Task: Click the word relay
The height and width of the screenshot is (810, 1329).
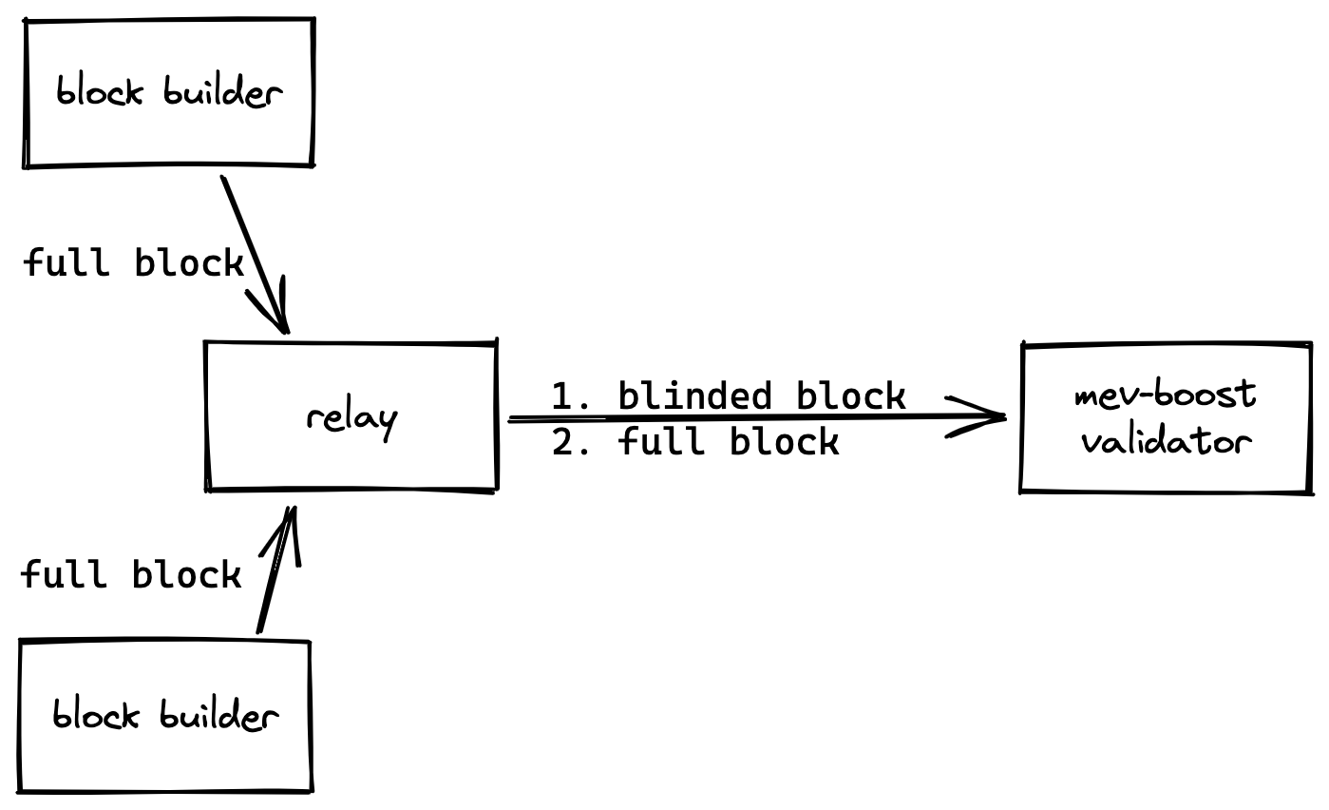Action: point(351,418)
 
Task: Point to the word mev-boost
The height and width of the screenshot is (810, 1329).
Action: point(1166,394)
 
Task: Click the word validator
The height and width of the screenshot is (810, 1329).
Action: point(1166,442)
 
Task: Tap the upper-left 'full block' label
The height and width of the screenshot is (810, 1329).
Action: point(133,263)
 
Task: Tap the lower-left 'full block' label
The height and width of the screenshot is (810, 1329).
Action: point(131,575)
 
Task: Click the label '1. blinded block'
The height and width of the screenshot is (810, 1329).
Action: point(729,395)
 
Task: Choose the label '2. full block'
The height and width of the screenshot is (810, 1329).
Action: point(695,442)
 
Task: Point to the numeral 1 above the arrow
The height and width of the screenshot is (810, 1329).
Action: point(561,395)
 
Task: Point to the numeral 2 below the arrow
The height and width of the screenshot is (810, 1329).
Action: point(562,442)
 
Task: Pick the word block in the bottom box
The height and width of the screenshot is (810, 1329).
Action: point(97,715)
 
